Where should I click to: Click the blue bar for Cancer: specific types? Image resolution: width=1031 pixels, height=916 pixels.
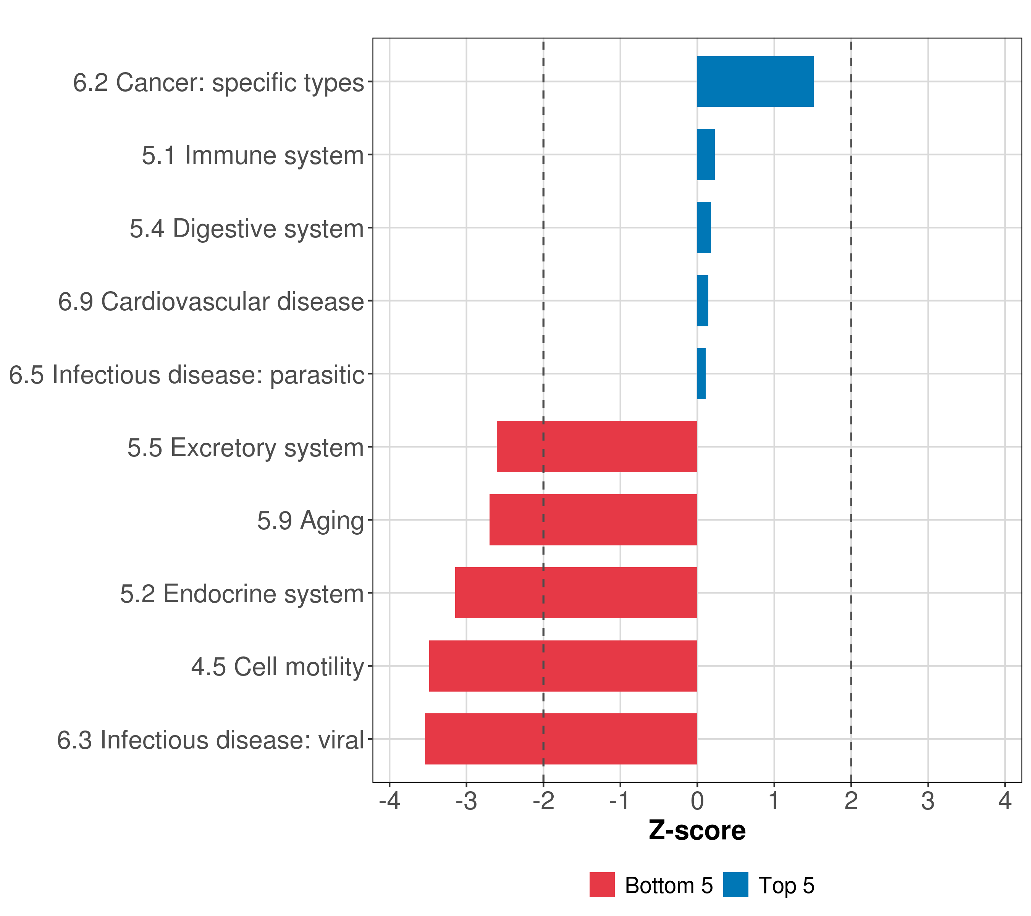tap(755, 81)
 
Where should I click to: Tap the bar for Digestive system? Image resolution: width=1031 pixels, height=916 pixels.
tap(704, 227)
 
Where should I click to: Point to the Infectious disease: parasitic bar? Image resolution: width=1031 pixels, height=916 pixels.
tap(701, 374)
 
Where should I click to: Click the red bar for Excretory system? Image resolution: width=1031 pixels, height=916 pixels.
tap(597, 447)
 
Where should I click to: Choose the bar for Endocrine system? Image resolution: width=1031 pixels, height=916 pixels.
tap(576, 592)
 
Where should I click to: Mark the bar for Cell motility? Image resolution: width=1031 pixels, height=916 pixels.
tap(563, 666)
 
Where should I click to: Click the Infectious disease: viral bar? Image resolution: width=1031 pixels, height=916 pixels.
tap(561, 739)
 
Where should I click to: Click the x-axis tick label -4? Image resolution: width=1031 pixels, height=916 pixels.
tap(389, 801)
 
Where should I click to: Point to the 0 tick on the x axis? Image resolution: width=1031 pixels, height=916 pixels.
tap(697, 801)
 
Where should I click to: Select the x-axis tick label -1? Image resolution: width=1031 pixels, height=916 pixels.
tap(619, 801)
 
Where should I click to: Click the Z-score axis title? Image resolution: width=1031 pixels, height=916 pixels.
tap(697, 831)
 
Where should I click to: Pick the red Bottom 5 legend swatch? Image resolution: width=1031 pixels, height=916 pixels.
tap(602, 885)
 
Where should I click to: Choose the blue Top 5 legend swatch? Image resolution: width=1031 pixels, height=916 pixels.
tap(735, 885)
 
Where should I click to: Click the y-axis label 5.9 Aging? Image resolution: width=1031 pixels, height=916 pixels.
tap(310, 520)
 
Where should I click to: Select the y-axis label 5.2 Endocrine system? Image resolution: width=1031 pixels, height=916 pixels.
tap(242, 593)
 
